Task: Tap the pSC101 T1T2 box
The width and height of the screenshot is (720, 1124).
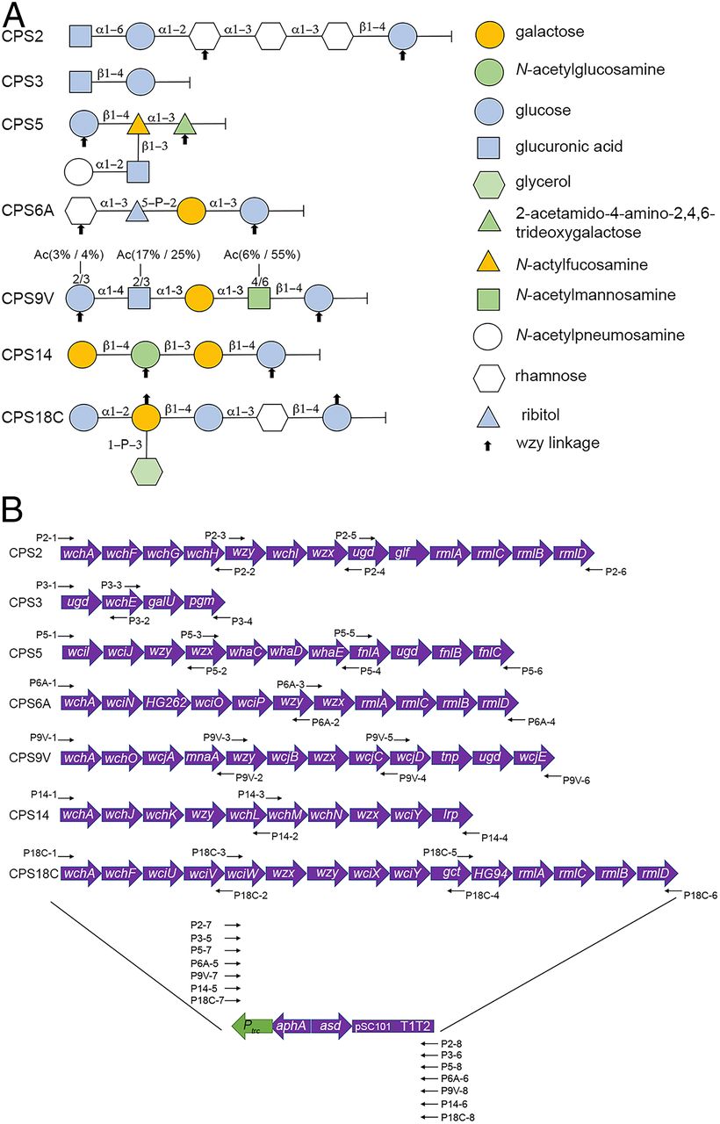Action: click(x=394, y=1025)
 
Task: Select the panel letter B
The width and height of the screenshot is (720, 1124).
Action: click(x=12, y=509)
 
